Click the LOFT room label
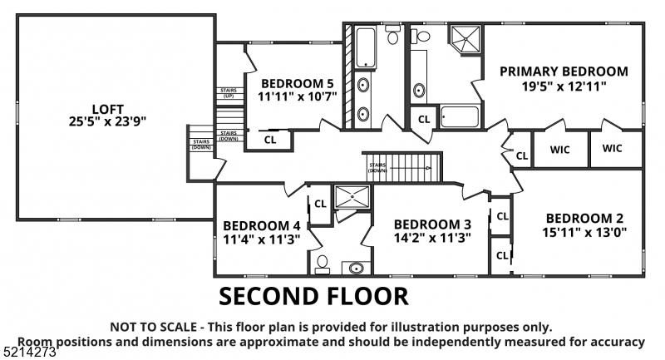[x=113, y=107]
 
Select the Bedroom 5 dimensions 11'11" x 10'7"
[x=297, y=97]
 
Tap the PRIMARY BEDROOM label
[x=564, y=72]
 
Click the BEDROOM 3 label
[x=432, y=224]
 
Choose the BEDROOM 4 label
[x=261, y=225]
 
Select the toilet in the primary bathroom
[x=421, y=35]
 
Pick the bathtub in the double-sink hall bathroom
[x=365, y=47]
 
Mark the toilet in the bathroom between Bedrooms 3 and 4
[x=323, y=264]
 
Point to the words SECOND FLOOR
[x=313, y=296]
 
